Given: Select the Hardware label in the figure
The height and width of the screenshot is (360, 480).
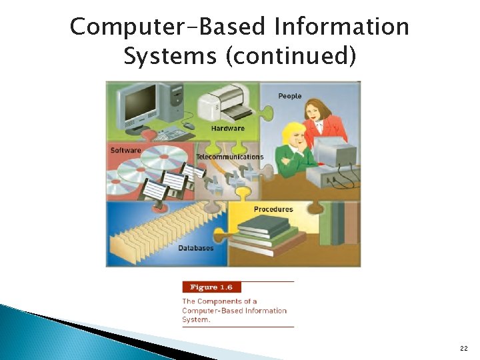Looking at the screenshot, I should click(x=227, y=128).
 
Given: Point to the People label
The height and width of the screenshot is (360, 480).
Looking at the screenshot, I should click(x=290, y=96).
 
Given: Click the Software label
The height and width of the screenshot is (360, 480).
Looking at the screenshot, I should click(x=126, y=150).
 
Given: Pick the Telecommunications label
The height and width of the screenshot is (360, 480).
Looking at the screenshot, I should click(x=229, y=157).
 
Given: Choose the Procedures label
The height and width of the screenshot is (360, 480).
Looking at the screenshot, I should click(x=273, y=209).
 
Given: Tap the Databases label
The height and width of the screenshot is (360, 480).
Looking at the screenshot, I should click(x=196, y=248).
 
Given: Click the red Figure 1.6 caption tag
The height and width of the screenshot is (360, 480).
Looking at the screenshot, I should click(x=211, y=287).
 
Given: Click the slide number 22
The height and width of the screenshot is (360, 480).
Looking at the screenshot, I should click(x=463, y=348).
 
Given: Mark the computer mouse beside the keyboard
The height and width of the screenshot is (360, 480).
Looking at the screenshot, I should click(x=189, y=125).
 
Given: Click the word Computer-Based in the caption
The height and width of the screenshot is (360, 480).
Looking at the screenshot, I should click(x=207, y=311).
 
